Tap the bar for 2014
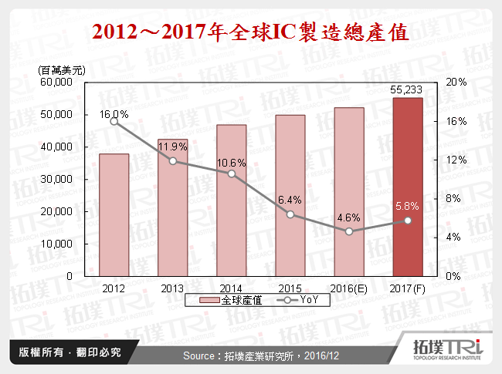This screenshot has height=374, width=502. tap(231, 200)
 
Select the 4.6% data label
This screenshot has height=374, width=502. tap(348, 218)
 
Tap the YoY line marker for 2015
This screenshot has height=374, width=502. tap(290, 214)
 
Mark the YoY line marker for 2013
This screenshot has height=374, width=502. tap(172, 160)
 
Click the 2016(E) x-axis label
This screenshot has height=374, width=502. tap(348, 287)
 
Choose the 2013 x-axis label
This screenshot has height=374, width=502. tap(172, 287)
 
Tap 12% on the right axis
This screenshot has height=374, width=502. tap(456, 160)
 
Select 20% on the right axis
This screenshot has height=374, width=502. tap(456, 82)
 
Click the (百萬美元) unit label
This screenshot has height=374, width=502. tap(61, 70)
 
